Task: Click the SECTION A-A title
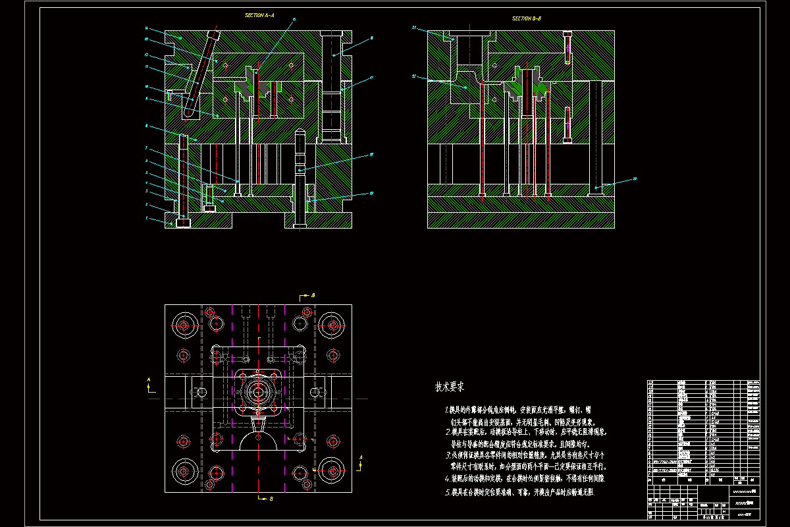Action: click(x=259, y=14)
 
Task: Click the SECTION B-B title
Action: click(x=527, y=19)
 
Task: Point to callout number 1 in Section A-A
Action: click(x=147, y=218)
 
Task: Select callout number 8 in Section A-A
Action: click(x=146, y=125)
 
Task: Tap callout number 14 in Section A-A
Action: click(x=146, y=28)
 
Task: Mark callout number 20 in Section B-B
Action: click(x=635, y=179)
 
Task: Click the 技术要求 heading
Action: click(x=450, y=387)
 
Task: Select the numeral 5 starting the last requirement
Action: click(x=447, y=492)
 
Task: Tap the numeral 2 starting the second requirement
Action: click(x=447, y=432)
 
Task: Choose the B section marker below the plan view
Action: click(x=271, y=499)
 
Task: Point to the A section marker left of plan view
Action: click(x=149, y=380)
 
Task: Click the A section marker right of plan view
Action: click(x=361, y=457)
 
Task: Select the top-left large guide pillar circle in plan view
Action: click(x=184, y=325)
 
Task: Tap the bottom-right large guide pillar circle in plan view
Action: click(x=332, y=471)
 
